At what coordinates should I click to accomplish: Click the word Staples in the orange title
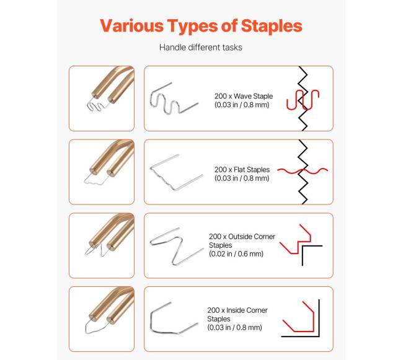[272, 26]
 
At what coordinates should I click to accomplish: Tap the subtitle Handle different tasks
[201, 48]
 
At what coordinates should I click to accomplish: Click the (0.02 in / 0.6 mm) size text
[236, 254]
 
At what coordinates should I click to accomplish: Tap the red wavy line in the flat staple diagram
[303, 170]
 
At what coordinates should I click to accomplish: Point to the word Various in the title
[131, 26]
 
